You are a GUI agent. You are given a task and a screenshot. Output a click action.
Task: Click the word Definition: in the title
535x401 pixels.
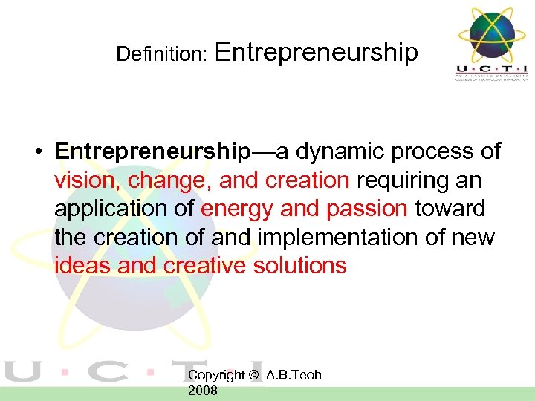click(x=160, y=54)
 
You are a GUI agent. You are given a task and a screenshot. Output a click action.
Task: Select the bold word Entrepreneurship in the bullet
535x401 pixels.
click(x=152, y=151)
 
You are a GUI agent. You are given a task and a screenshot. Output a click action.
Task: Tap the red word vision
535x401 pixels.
click(x=88, y=180)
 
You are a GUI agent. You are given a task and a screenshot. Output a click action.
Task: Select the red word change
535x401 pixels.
click(x=166, y=180)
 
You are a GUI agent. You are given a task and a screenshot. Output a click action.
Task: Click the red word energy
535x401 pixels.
click(x=237, y=209)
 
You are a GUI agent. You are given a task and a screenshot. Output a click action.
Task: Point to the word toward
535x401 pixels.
click(x=450, y=209)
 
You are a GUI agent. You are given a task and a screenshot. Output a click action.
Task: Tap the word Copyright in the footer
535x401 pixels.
click(x=216, y=375)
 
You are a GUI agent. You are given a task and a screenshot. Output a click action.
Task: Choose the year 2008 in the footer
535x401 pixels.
click(x=203, y=391)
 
